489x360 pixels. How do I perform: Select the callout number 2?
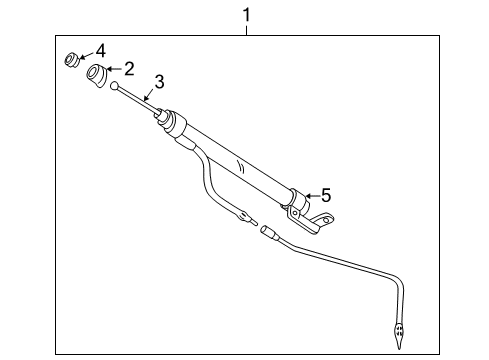pyautogui.click(x=130, y=69)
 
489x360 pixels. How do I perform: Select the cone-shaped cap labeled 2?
pyautogui.click(x=98, y=74)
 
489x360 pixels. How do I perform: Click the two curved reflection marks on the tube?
pyautogui.click(x=238, y=162)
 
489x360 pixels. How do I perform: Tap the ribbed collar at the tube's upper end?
pyautogui.click(x=176, y=126)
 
